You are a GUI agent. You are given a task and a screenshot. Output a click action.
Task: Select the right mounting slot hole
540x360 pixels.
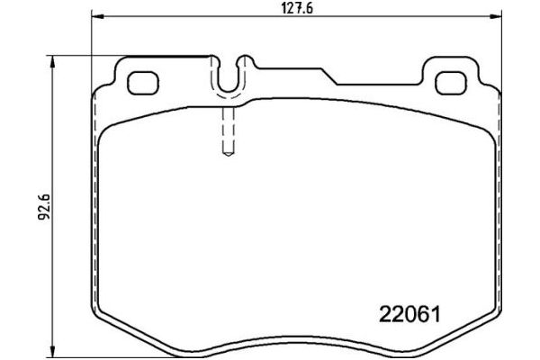tap(447, 83)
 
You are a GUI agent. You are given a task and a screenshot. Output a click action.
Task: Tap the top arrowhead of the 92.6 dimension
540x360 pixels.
tap(56, 60)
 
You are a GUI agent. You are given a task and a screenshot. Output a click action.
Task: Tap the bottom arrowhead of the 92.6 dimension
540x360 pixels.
tap(56, 349)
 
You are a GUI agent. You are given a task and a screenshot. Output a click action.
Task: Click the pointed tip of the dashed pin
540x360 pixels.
tap(227, 154)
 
